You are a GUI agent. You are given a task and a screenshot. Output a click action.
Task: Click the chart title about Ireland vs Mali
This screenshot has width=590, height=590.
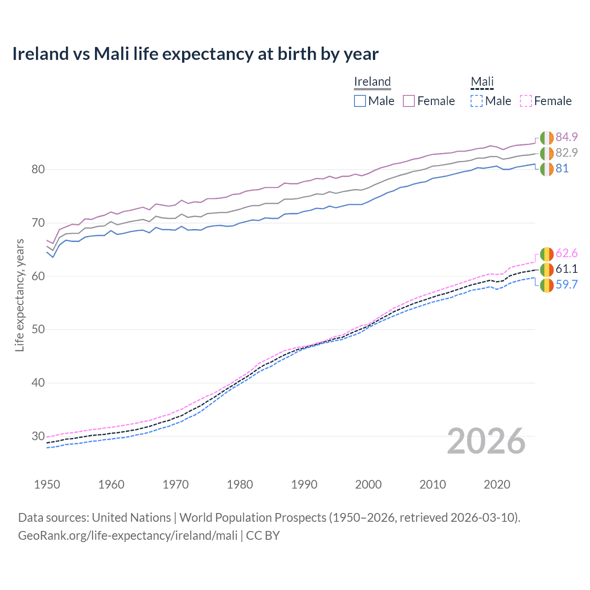pyautogui.click(x=195, y=54)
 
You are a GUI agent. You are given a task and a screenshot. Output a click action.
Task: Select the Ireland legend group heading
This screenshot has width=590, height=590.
pyautogui.click(x=372, y=82)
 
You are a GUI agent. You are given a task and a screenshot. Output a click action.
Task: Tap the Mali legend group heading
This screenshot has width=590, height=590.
pyautogui.click(x=482, y=82)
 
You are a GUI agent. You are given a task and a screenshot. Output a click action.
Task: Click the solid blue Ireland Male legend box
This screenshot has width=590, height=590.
pyautogui.click(x=360, y=101)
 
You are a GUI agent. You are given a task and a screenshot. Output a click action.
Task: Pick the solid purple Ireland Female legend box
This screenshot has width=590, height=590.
pyautogui.click(x=409, y=101)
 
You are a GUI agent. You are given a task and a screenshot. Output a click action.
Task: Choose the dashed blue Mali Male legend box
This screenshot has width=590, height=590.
pyautogui.click(x=477, y=101)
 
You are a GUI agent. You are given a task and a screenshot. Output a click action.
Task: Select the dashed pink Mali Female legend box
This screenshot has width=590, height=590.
pyautogui.click(x=526, y=101)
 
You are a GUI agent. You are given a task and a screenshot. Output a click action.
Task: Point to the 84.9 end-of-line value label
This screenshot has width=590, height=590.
pyautogui.click(x=566, y=137)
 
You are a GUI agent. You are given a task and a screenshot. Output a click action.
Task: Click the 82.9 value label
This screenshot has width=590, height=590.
pyautogui.click(x=566, y=153)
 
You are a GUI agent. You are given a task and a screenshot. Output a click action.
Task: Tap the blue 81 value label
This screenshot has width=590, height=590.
pyautogui.click(x=562, y=169)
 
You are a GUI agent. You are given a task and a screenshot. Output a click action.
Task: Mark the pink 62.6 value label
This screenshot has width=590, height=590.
pyautogui.click(x=566, y=254)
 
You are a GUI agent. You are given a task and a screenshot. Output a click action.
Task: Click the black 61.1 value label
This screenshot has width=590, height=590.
pyautogui.click(x=566, y=269)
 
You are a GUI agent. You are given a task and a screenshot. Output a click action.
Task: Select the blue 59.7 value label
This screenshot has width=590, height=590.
pyautogui.click(x=566, y=285)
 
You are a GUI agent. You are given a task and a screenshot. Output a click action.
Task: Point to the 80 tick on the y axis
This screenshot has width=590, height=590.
pyautogui.click(x=38, y=170)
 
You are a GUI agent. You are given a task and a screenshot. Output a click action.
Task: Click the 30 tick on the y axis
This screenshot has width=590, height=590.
pyautogui.click(x=38, y=436)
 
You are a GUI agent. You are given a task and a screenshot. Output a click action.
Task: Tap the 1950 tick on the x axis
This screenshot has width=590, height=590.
pyautogui.click(x=47, y=484)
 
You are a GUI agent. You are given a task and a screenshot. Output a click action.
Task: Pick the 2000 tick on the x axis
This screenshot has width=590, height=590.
pyautogui.click(x=368, y=484)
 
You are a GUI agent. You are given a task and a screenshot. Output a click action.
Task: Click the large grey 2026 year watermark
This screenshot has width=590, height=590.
pyautogui.click(x=486, y=441)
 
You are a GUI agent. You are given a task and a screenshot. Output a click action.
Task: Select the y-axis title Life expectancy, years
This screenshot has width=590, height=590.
pyautogui.click(x=20, y=295)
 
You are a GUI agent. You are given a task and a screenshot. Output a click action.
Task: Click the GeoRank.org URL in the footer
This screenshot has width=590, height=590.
pyautogui.click(x=128, y=536)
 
